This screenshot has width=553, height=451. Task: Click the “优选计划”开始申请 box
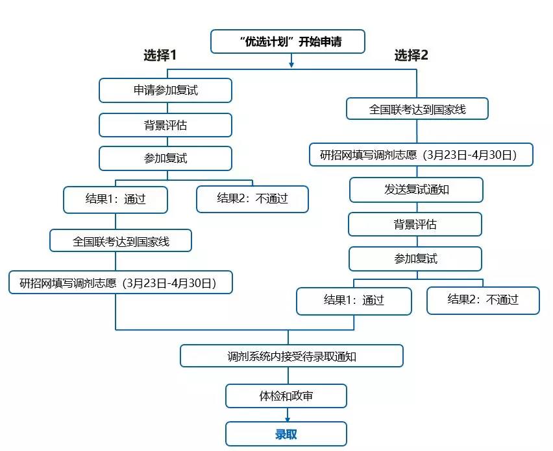coord(288,42)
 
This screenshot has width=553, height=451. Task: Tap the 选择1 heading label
coord(160,56)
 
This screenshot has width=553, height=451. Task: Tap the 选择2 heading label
coord(412,56)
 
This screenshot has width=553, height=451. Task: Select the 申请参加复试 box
coord(166,91)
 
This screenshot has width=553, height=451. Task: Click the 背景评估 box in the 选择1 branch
coord(166,125)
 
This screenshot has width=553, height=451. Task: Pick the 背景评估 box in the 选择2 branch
coord(415,225)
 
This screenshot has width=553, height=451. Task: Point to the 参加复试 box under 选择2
coord(415,259)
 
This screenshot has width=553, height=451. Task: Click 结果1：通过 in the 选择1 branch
coord(116,200)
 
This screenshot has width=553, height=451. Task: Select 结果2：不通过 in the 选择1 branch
coord(252,200)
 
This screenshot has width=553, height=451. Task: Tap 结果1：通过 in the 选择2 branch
coord(354,301)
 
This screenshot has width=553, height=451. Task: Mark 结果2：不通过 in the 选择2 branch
coord(483,301)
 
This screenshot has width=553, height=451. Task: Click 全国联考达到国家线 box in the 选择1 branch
coord(121,241)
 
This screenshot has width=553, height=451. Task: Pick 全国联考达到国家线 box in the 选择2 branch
coord(417,110)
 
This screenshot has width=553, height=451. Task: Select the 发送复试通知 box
coord(416,191)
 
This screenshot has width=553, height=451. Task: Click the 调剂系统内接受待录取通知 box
coord(291,356)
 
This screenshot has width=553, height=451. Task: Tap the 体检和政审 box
coord(286,396)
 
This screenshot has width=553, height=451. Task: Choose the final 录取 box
coord(286,434)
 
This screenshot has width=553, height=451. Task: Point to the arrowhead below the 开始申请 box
coord(291,64)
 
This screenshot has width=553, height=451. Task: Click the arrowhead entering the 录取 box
coord(287,419)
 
